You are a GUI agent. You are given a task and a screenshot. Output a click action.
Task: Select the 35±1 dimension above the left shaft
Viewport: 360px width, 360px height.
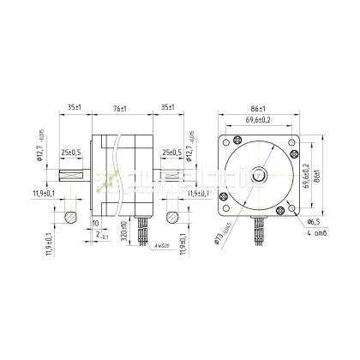coord(74,109)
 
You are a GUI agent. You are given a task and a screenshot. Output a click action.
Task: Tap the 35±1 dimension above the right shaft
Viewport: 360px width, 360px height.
coord(167,109)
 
